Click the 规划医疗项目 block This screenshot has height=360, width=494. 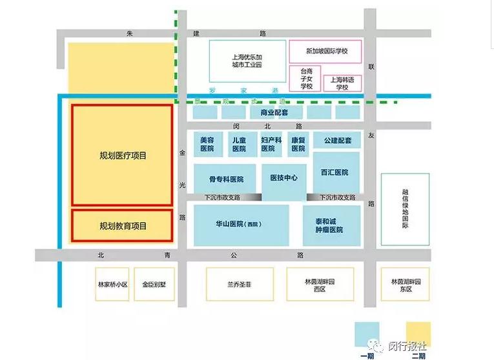pyautogui.click(x=122, y=155)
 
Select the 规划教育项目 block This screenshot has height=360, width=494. pyautogui.click(x=122, y=226)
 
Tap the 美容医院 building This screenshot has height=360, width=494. pyautogui.click(x=207, y=144)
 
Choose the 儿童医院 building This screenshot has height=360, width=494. pyautogui.click(x=239, y=144)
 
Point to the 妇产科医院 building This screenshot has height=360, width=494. pyautogui.click(x=271, y=144)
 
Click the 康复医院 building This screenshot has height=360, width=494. pyautogui.click(x=298, y=144)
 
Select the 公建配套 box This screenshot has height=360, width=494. pyautogui.click(x=336, y=140)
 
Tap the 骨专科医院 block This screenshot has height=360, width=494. pyautogui.click(x=225, y=179)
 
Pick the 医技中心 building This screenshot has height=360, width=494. pyautogui.click(x=283, y=178)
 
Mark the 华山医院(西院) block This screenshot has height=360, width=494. pyautogui.click(x=242, y=225)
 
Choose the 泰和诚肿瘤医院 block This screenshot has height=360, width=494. pyautogui.click(x=329, y=225)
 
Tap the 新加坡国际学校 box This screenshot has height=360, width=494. pyautogui.click(x=325, y=51)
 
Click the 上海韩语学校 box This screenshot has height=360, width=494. pyautogui.click(x=342, y=83)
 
